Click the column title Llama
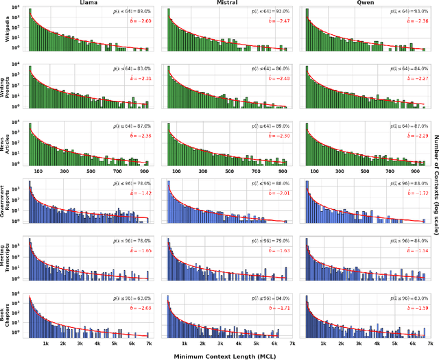[x=88, y=3]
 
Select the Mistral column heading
[x=227, y=3]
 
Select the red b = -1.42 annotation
[x=140, y=194]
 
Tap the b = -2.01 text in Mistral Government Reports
[x=278, y=194]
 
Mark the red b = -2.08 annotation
[x=140, y=309]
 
